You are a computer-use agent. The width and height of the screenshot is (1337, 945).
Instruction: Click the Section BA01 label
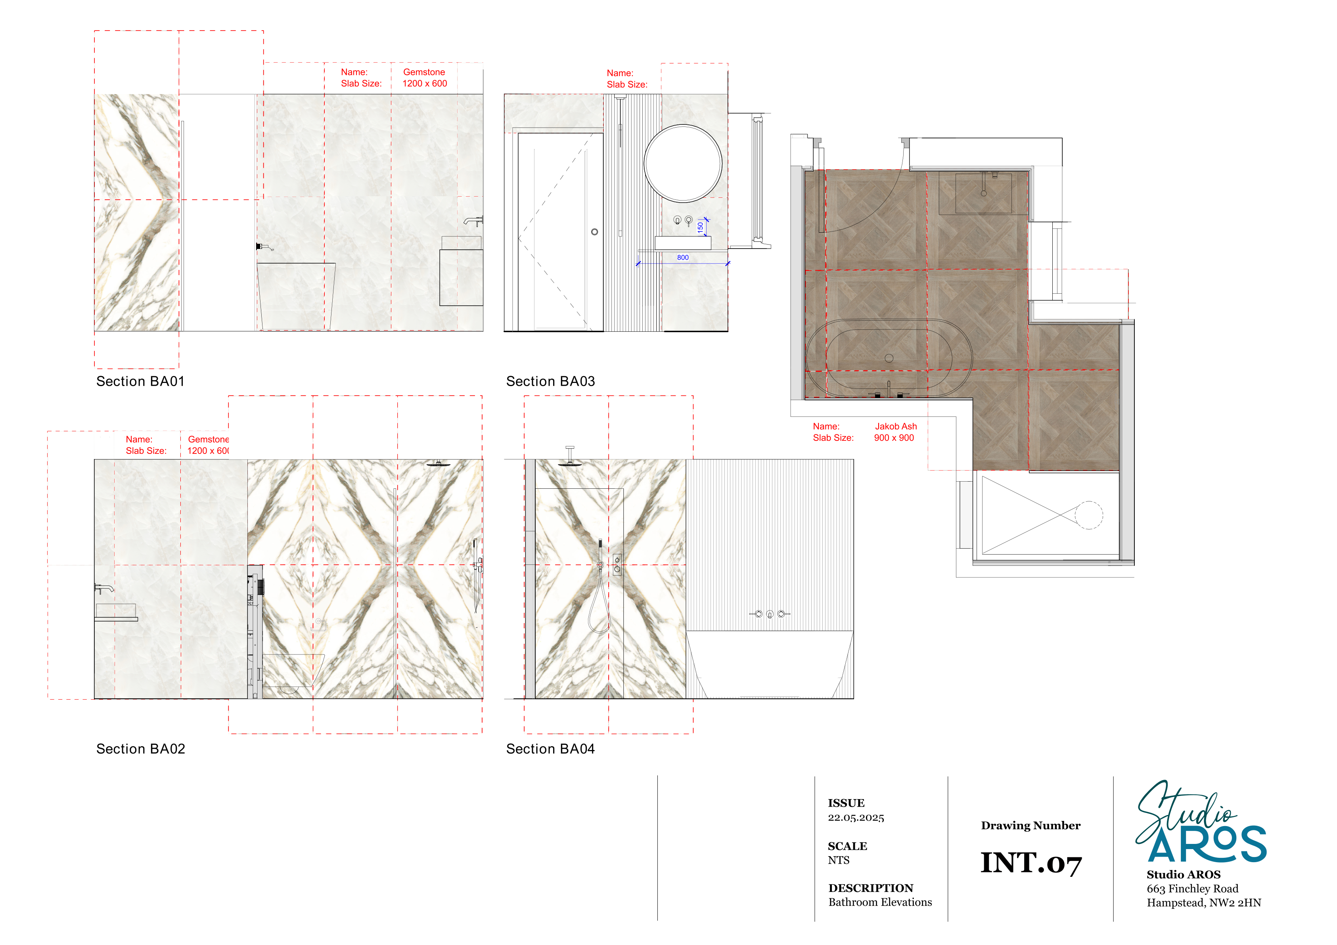click(140, 381)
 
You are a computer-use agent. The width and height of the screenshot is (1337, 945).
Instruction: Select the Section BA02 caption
click(141, 749)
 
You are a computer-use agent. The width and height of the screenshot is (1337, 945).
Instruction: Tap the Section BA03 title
click(550, 381)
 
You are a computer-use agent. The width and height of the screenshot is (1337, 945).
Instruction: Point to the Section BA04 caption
click(550, 749)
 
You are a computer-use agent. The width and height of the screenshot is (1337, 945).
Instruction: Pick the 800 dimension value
click(682, 257)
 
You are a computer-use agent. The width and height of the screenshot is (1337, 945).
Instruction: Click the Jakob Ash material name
click(896, 426)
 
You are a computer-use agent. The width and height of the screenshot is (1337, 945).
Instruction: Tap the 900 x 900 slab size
click(894, 438)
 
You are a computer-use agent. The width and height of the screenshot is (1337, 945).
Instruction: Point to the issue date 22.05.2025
click(856, 817)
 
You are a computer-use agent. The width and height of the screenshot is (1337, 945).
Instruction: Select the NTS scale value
click(839, 861)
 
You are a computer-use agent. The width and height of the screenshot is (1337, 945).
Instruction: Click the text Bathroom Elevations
click(880, 903)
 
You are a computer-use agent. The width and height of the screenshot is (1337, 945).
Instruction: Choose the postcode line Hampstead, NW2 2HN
click(1204, 903)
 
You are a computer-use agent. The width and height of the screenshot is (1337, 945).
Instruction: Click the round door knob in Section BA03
click(594, 232)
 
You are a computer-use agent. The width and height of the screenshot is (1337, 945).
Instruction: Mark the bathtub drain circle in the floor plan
click(889, 358)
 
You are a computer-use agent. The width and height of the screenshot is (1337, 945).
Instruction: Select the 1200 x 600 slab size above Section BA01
click(425, 83)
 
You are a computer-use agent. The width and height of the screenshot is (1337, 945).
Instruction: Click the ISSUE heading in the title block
click(846, 803)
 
